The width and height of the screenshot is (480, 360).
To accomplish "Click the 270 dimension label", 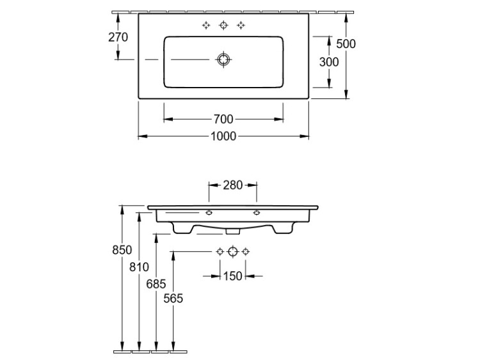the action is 118,37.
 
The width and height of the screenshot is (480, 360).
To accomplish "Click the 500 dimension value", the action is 346,43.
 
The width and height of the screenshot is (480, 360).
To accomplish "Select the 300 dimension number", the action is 329,62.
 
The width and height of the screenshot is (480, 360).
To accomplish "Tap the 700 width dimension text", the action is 223,119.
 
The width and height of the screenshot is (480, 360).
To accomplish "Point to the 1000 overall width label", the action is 223,136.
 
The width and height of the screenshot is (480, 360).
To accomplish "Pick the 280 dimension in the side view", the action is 233,185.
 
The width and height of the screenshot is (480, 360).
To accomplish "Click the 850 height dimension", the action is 122,250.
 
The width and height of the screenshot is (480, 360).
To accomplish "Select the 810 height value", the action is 139,267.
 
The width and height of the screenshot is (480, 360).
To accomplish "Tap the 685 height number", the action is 156,284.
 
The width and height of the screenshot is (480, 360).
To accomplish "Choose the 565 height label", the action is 173,298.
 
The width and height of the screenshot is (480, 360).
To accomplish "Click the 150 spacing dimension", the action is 233,276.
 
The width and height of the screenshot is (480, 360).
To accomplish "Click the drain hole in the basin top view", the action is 223,59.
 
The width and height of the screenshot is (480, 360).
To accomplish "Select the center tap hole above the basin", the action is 224,25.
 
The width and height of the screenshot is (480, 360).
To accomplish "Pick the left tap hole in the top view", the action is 206,25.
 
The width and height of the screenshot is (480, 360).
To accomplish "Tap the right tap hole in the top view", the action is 241,25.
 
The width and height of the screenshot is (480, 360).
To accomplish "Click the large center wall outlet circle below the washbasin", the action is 233,251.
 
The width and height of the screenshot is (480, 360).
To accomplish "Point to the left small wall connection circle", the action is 220,251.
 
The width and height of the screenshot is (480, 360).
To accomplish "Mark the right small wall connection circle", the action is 245,251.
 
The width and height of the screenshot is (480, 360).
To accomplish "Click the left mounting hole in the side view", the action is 209,212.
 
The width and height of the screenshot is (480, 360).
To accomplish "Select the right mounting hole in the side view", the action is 257,212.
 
